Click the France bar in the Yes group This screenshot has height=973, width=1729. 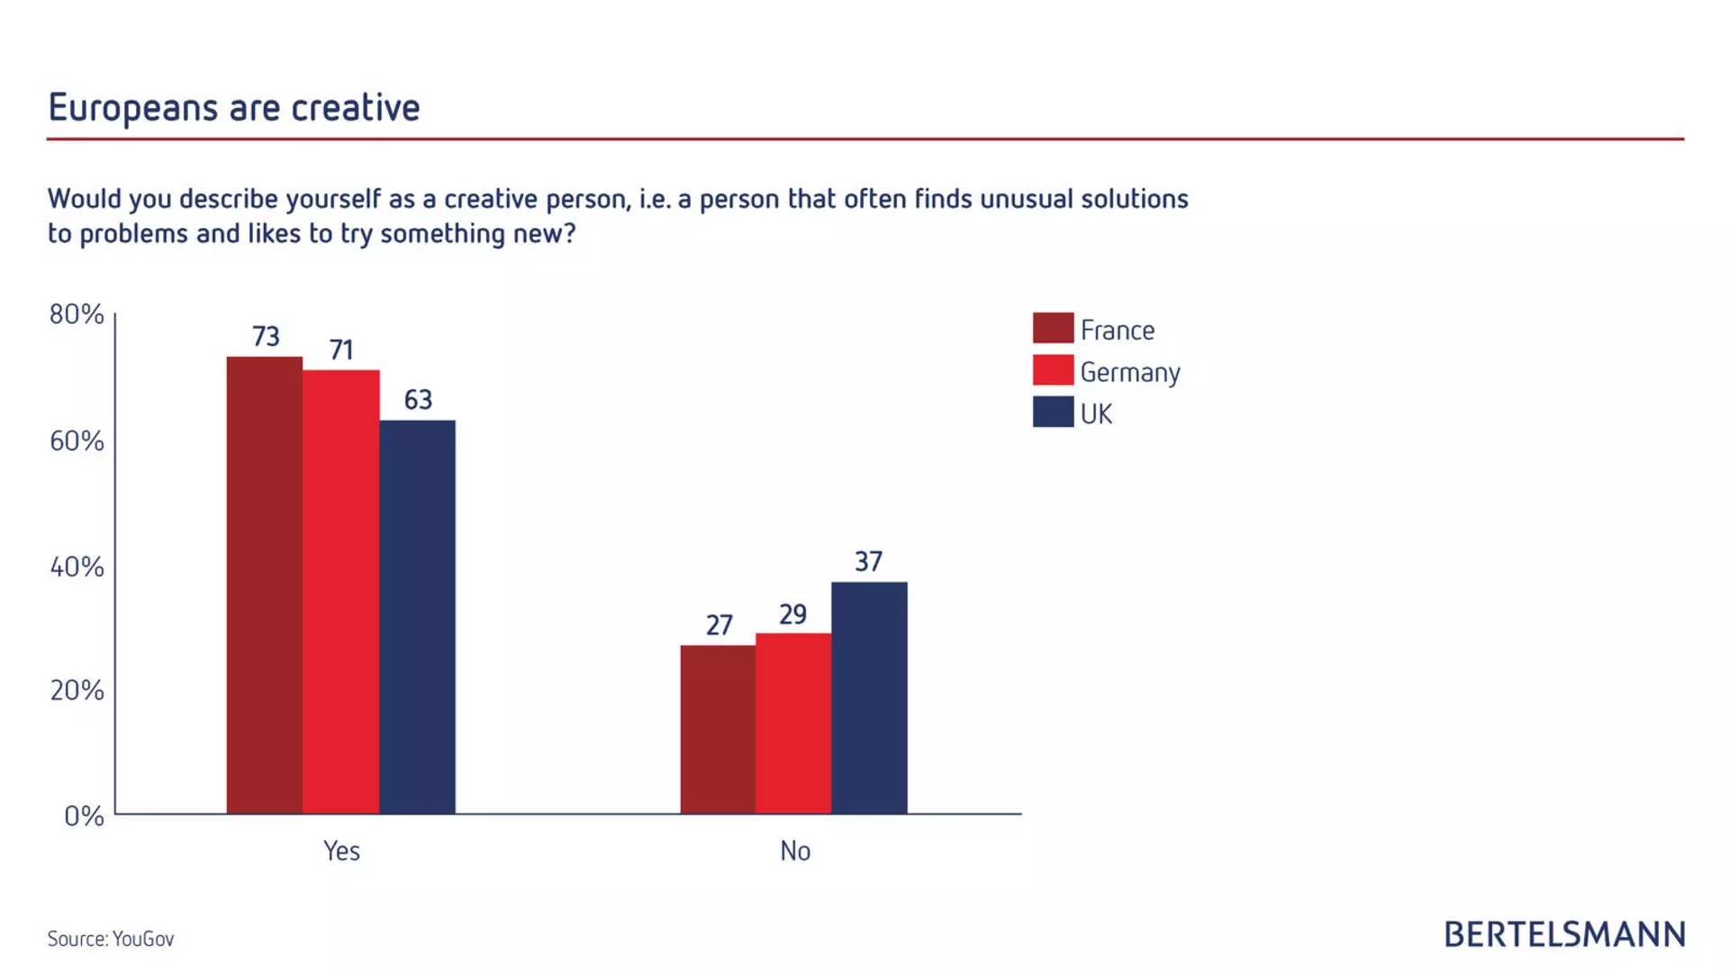(264, 586)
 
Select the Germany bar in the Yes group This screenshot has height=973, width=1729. (340, 592)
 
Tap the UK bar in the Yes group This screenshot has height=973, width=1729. (417, 617)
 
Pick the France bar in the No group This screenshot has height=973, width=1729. (718, 730)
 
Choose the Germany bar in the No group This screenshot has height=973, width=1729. (793, 723)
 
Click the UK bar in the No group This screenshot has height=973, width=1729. (869, 698)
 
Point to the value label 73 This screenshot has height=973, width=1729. (266, 337)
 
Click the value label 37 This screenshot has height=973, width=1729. (868, 562)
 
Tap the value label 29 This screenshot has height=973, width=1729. (792, 614)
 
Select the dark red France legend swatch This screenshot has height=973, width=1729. (1053, 329)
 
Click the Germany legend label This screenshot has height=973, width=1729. (1129, 372)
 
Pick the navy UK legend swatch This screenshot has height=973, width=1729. (1053, 413)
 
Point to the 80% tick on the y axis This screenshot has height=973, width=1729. (77, 314)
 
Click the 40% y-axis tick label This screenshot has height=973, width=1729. (77, 568)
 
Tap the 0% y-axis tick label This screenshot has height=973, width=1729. (84, 816)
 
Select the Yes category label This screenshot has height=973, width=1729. (341, 851)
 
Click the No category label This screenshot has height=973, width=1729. (795, 851)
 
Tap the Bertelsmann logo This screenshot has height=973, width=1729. (1564, 935)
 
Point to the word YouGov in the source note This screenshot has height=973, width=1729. (143, 939)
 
